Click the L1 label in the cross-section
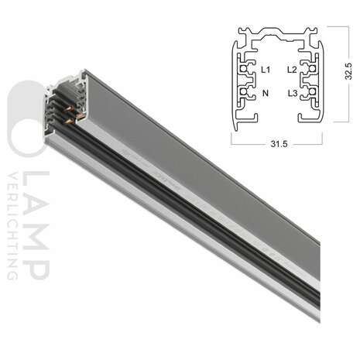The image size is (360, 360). (266, 70)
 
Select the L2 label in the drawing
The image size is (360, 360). (291, 70)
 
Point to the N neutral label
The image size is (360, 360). (266, 93)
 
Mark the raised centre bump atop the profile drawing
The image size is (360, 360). (276, 33)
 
